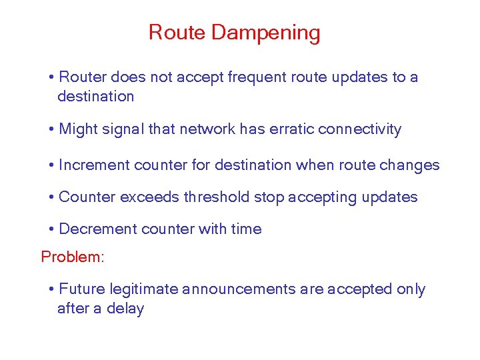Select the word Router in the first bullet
tap(83, 77)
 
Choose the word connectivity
tap(360, 129)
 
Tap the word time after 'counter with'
tap(246, 229)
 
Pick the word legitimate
tap(145, 289)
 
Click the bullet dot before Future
tap(51, 289)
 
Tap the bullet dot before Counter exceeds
tap(51, 197)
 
